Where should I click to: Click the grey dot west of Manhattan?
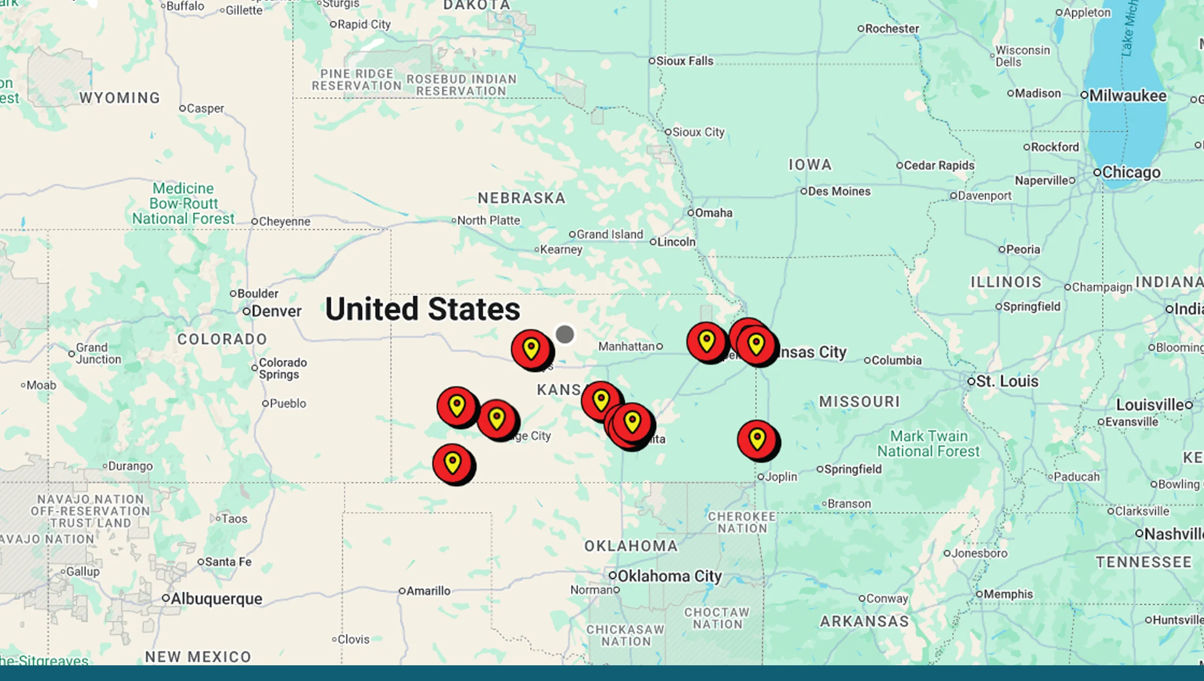(564, 334)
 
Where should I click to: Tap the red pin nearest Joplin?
(758, 439)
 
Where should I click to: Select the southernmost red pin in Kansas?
(453, 463)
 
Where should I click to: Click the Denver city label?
(276, 311)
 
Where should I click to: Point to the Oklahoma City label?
(669, 576)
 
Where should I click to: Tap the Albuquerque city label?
(216, 599)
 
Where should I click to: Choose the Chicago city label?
(1131, 172)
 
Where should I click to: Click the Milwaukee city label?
(1127, 96)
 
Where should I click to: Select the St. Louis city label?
(1007, 381)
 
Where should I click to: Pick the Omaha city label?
(713, 213)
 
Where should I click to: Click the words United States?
(422, 309)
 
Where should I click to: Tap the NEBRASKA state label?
(522, 198)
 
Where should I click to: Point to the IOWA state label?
(810, 165)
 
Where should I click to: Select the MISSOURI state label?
(859, 401)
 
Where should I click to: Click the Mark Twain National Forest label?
(928, 444)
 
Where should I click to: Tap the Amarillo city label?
(428, 591)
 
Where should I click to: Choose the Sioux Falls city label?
(685, 61)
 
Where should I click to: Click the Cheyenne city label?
(284, 222)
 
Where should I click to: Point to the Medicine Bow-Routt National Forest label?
(184, 204)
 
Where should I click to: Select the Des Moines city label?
(839, 191)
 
